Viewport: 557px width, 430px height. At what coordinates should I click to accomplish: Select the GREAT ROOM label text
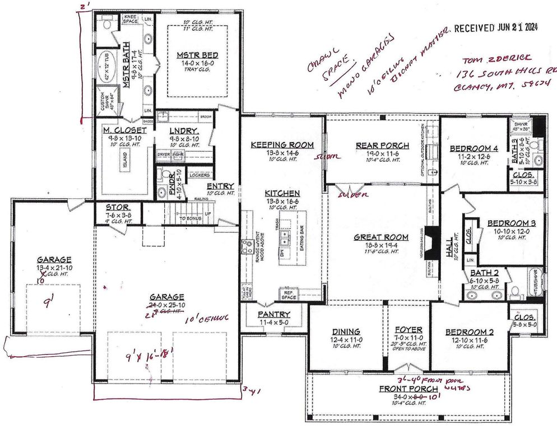click(380, 237)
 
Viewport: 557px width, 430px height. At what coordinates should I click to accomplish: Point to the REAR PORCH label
click(380, 145)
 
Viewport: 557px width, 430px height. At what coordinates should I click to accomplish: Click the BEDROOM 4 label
click(470, 148)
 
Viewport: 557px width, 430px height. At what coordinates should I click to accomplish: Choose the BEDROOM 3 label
click(511, 223)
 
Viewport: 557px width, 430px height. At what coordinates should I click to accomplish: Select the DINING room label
click(345, 331)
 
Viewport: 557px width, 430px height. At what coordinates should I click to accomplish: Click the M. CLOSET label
click(120, 130)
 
